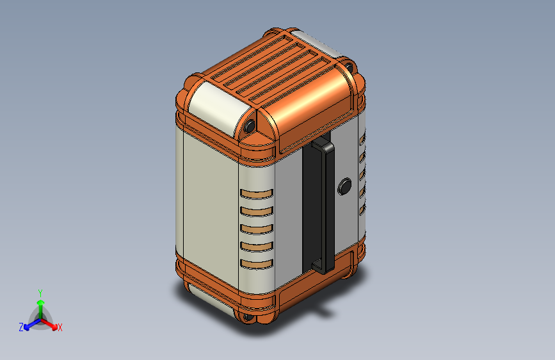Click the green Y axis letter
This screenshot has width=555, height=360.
[40, 293]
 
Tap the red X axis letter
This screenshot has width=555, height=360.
[60, 327]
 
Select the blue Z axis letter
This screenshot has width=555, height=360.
[21, 327]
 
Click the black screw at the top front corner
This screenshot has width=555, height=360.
[250, 126]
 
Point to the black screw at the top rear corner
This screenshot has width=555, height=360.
[349, 67]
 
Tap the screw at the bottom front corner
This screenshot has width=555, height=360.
[248, 316]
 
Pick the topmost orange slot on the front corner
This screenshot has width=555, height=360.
[257, 194]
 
